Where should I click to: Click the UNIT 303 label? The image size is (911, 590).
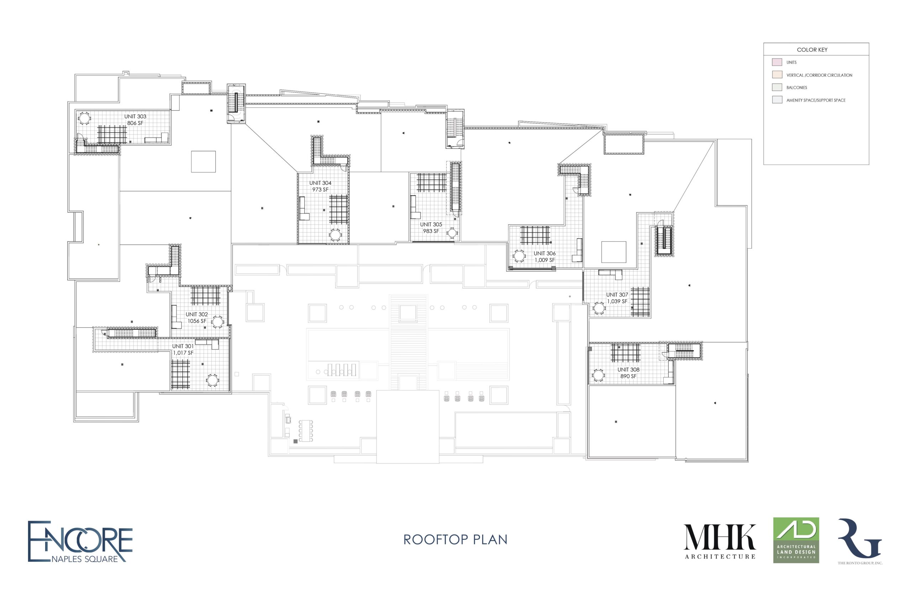[135, 117]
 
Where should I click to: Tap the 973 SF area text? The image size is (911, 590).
[320, 190]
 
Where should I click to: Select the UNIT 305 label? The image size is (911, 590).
[431, 224]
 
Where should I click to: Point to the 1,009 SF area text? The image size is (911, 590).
[544, 260]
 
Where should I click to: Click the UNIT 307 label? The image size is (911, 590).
[617, 295]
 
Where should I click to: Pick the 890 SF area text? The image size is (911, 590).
[628, 376]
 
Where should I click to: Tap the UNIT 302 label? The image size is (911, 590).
[197, 314]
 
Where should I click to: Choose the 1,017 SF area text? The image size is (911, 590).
[183, 353]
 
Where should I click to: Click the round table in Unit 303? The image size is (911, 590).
[85, 118]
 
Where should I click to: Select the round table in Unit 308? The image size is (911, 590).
[598, 375]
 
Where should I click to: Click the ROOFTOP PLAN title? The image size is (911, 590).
[455, 539]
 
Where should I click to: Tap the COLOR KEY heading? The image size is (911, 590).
[812, 50]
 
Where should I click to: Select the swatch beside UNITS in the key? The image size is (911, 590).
[777, 62]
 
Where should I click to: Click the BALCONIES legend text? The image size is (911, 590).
[797, 88]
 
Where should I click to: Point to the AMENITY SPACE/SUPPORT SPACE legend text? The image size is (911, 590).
[816, 100]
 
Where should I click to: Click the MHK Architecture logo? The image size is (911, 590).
[720, 541]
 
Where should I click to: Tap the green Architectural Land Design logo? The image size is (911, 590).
[796, 540]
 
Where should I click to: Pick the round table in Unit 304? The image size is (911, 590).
[335, 235]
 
